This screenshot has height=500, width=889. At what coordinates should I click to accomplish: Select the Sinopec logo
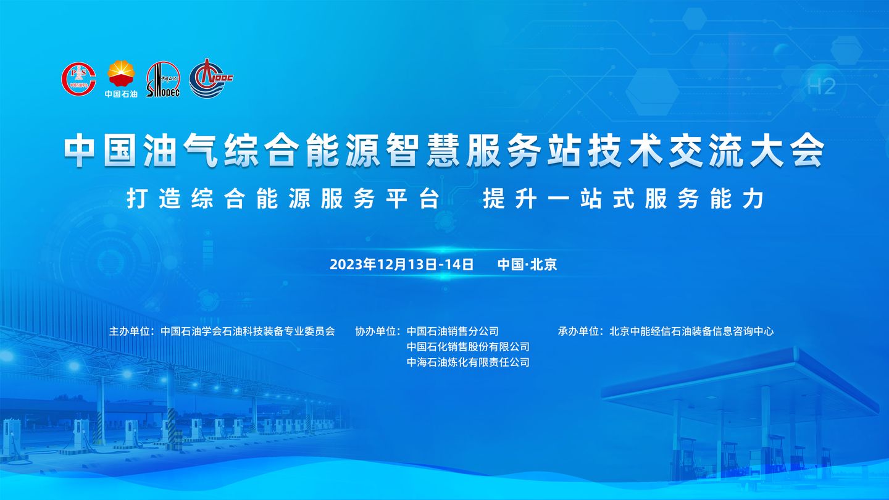point(163,79)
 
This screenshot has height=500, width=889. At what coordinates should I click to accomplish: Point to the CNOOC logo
point(211,78)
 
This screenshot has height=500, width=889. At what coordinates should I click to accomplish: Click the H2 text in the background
point(821,86)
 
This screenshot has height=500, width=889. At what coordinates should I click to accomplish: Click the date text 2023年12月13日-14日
point(402,264)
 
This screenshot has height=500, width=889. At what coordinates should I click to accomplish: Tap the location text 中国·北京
point(527,264)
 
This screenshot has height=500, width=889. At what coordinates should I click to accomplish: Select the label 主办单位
point(131,331)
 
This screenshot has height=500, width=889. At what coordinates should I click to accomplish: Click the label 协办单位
point(377,331)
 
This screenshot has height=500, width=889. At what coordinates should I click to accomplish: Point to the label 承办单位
point(580,331)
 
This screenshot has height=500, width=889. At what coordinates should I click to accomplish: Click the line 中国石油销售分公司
point(453,331)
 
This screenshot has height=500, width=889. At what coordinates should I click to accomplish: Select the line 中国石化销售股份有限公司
point(469,346)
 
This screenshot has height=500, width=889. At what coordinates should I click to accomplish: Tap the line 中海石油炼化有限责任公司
point(469,362)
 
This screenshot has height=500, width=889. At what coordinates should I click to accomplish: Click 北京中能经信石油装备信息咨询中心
point(691,331)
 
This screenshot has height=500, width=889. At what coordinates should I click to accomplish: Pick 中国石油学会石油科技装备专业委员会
point(248,331)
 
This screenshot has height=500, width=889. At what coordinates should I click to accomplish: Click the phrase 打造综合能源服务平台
point(283,198)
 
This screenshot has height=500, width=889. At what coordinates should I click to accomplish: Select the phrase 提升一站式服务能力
point(624,198)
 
